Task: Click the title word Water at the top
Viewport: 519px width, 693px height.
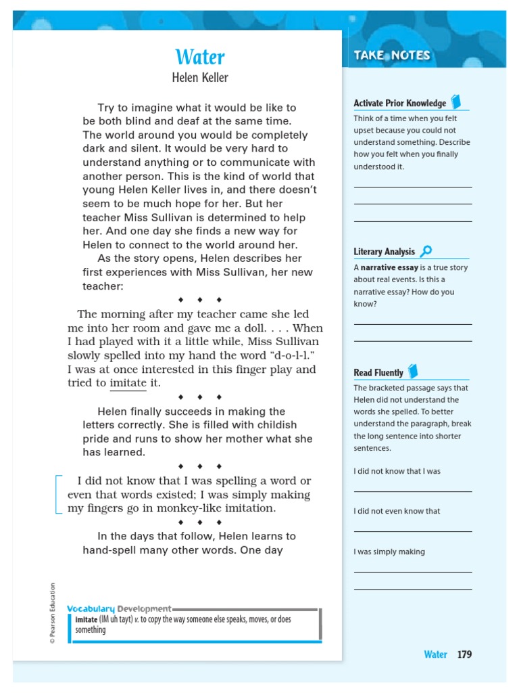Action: (200, 57)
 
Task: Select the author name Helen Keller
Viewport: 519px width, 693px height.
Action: (200, 78)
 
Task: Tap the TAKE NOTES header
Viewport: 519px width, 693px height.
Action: (392, 55)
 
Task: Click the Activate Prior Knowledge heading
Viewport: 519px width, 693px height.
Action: (399, 104)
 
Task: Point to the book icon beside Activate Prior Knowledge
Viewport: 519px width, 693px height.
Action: (456, 102)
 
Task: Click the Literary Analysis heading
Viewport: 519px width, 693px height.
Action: (384, 252)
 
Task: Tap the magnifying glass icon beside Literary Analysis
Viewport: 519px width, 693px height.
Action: (426, 252)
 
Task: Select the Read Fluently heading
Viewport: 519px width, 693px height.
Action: (378, 372)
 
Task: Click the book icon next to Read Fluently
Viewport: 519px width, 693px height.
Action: (414, 371)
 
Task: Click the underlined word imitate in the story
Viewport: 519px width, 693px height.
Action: (128, 383)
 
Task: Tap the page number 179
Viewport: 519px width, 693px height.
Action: (464, 654)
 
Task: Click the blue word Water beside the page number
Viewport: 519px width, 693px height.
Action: (435, 654)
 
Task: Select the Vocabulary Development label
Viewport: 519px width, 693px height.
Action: (119, 608)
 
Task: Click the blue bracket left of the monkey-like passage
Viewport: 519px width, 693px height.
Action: (58, 494)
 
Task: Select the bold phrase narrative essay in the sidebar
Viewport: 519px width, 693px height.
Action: (388, 268)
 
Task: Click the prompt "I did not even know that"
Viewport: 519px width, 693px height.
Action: (396, 511)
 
